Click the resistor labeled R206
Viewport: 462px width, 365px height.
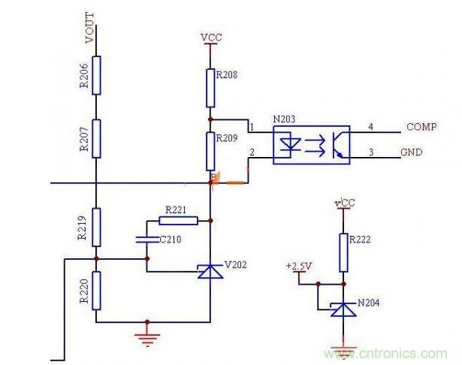click(x=96, y=77)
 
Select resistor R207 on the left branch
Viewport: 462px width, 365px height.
click(x=96, y=137)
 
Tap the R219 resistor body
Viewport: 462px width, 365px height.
click(x=96, y=227)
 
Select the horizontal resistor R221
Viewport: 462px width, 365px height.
click(x=178, y=221)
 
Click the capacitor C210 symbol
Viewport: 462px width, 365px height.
click(x=146, y=240)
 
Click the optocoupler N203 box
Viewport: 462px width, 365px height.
click(x=311, y=143)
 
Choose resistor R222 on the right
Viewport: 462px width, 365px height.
click(x=343, y=252)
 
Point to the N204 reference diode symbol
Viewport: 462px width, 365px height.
click(x=343, y=309)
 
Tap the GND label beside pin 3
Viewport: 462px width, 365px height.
click(x=412, y=152)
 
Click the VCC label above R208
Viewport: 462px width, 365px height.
click(x=210, y=37)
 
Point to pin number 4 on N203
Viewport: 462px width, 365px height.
click(x=371, y=125)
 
